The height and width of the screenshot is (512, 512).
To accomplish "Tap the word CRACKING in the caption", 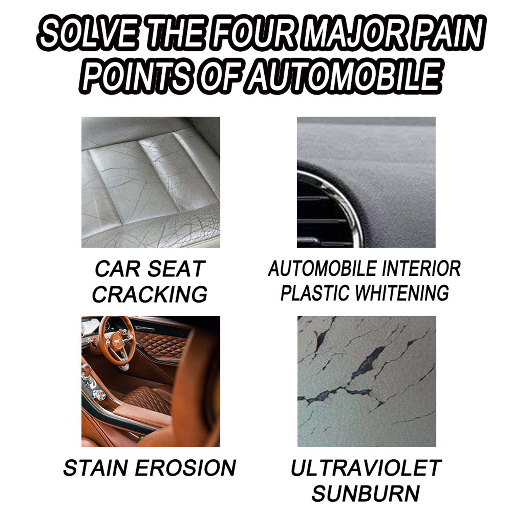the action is [x=150, y=295].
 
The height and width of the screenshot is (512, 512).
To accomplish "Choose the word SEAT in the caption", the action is [x=176, y=269].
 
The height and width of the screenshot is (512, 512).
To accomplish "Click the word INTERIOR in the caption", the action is [x=421, y=269].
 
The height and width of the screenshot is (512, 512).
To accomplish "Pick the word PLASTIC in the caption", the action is [x=315, y=293].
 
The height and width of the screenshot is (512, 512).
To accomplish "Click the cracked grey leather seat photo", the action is [x=151, y=182].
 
